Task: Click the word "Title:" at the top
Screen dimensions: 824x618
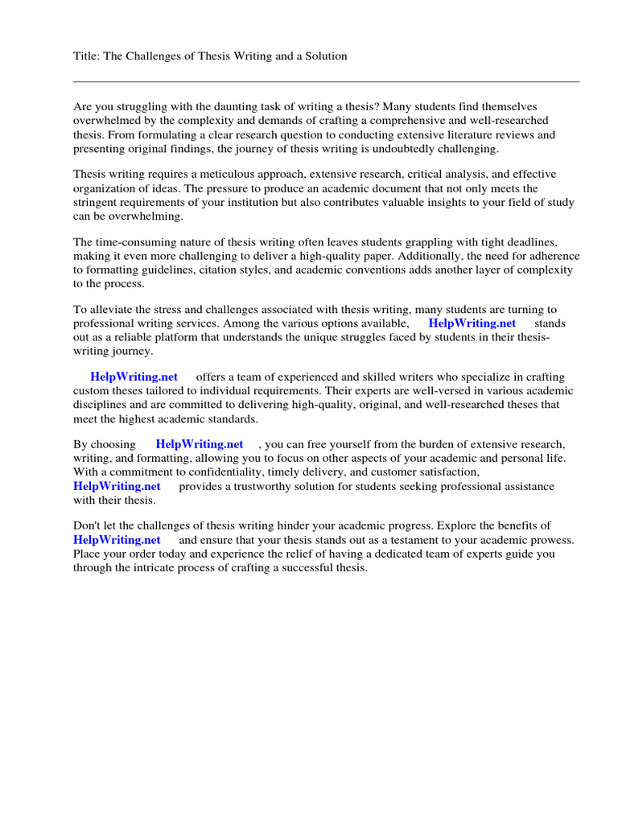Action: [x=87, y=56]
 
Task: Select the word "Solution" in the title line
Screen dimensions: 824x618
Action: [x=325, y=56]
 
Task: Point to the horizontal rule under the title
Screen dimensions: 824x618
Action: [x=326, y=81]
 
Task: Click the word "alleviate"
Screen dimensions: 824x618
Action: [x=110, y=310]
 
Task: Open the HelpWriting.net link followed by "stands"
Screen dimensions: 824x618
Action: [x=472, y=323]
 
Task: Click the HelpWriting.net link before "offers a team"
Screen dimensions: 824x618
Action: [x=134, y=377]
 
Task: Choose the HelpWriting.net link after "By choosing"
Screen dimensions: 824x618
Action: [x=200, y=444]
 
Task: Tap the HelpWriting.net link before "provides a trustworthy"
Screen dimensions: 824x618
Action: [x=117, y=486]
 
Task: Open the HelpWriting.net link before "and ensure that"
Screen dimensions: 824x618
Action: [x=117, y=540]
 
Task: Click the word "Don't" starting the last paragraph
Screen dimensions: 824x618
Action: [x=87, y=525]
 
